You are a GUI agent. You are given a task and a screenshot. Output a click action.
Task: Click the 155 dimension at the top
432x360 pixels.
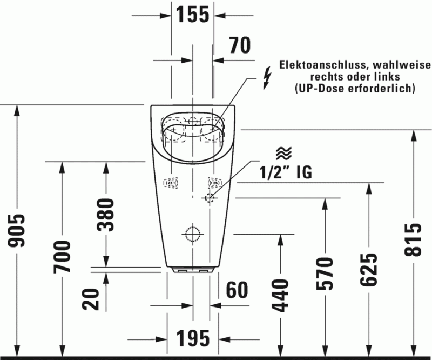tap(193, 15)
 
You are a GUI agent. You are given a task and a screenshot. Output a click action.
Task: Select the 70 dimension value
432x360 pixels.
tap(237, 46)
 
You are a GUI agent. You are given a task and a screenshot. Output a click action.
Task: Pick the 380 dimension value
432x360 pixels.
tap(105, 215)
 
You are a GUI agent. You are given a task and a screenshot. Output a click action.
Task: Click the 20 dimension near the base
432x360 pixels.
tap(93, 299)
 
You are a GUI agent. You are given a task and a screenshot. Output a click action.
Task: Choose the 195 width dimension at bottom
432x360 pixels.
tap(193, 339)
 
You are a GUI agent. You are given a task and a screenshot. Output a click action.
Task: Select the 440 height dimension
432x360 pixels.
tap(281, 296)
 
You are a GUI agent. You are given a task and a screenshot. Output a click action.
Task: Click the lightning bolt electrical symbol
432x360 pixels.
tap(265, 78)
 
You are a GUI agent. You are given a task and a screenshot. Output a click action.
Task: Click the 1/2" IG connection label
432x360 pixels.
tap(286, 172)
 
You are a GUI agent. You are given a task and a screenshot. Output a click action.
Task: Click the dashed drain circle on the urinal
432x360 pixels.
tap(193, 234)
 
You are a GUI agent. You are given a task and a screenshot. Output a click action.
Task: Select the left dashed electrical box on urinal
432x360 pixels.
tap(171, 183)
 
